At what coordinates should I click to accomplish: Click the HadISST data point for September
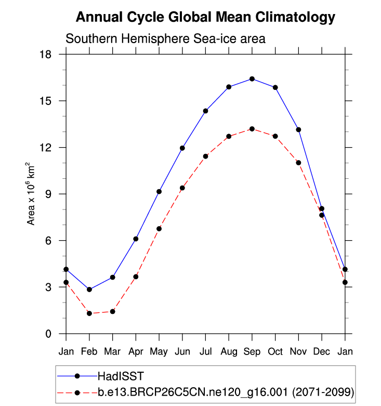click(252, 79)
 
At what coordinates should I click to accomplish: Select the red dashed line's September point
click(252, 129)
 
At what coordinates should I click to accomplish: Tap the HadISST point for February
click(89, 290)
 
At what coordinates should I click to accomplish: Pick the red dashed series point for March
click(112, 311)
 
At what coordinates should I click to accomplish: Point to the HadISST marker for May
click(159, 192)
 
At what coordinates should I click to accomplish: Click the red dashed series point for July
click(205, 156)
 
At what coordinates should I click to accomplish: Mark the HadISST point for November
click(298, 129)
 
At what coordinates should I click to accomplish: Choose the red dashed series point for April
click(136, 277)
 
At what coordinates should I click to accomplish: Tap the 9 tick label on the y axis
click(55, 194)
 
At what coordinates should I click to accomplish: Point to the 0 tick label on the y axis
click(55, 334)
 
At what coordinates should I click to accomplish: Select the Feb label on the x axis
click(89, 351)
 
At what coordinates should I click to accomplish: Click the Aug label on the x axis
click(229, 351)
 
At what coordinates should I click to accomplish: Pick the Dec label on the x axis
click(322, 351)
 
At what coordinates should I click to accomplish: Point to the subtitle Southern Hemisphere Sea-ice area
click(165, 38)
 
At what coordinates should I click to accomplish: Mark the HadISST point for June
click(182, 148)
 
